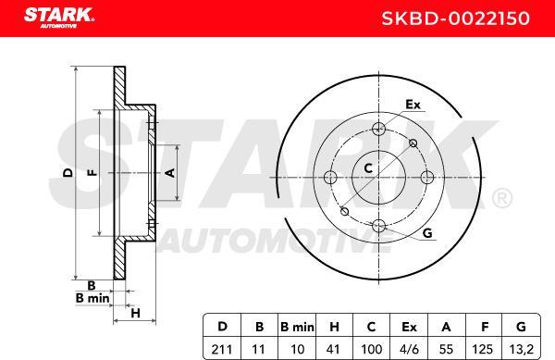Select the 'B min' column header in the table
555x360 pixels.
296,328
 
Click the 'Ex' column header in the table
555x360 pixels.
409,328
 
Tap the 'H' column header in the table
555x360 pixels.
333,328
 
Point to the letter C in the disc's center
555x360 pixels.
368,168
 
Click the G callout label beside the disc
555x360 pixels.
426,232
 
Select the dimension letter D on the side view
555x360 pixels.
67,173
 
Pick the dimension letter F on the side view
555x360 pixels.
91,173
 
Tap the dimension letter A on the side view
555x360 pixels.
168,173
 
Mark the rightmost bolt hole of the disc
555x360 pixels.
425,177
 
